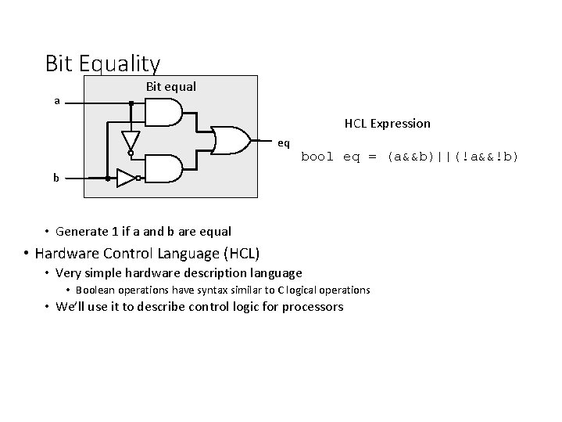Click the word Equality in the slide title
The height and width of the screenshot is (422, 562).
(x=121, y=63)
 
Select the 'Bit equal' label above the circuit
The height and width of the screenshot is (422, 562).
(x=171, y=86)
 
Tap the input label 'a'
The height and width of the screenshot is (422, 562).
(x=56, y=100)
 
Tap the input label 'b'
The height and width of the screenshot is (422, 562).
(x=56, y=178)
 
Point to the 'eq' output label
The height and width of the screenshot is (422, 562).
(x=284, y=143)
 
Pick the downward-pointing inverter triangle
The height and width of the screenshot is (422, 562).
(x=131, y=141)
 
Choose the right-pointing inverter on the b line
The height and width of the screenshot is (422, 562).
(x=125, y=178)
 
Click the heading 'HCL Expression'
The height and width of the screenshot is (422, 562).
(x=387, y=123)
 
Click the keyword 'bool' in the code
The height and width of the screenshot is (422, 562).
(x=317, y=157)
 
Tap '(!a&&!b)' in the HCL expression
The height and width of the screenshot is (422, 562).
(x=485, y=157)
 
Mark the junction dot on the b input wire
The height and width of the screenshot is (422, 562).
(x=107, y=178)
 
